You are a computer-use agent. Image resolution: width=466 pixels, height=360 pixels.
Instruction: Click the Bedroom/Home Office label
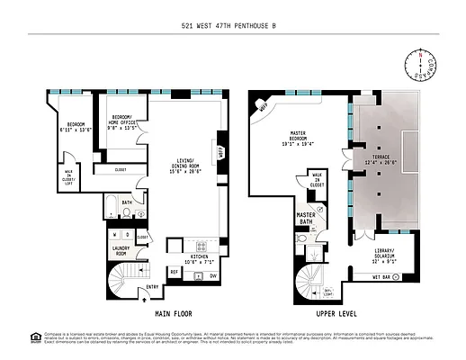pyautogui.click(x=125, y=122)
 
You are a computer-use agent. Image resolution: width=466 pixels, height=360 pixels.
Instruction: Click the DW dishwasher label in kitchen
pyautogui.click(x=212, y=276)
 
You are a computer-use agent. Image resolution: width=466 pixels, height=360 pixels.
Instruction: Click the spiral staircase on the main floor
pyautogui.click(x=125, y=280)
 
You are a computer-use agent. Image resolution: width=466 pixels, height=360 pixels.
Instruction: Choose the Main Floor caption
pyautogui.click(x=173, y=313)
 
